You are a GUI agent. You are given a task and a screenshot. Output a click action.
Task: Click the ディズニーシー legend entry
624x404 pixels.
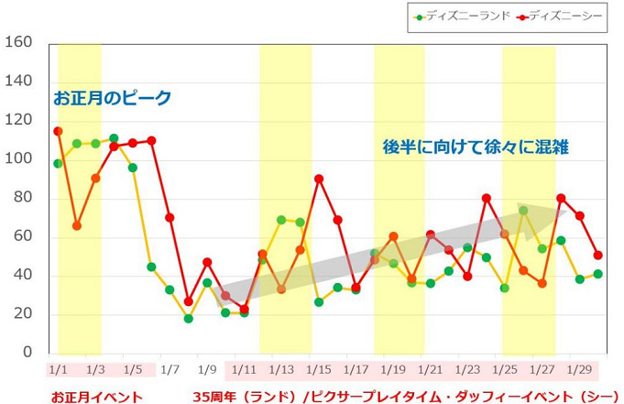(x=561, y=16)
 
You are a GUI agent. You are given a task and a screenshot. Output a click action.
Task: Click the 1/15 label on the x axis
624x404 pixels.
(x=319, y=370)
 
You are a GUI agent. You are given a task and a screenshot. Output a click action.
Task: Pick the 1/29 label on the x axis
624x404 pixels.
(x=580, y=370)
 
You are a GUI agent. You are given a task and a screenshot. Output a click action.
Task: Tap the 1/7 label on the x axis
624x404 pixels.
(x=170, y=370)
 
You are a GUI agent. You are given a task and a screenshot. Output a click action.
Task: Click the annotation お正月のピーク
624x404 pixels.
(x=112, y=98)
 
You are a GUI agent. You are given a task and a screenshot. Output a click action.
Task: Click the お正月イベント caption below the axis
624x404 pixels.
(x=97, y=397)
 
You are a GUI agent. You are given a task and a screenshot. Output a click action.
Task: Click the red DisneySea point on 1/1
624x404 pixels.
(x=58, y=131)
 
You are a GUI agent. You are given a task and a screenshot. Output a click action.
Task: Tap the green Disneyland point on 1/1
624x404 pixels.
(x=58, y=163)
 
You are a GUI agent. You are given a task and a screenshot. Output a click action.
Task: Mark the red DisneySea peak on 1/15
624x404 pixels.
(x=319, y=179)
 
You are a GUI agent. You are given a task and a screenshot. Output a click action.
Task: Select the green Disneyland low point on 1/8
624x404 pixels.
(x=189, y=319)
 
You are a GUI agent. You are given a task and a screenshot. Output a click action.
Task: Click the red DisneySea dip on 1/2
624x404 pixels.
(x=77, y=225)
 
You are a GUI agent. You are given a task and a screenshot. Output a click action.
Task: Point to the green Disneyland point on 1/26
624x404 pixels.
(x=523, y=210)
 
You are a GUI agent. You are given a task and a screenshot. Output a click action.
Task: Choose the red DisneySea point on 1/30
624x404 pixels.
(x=598, y=255)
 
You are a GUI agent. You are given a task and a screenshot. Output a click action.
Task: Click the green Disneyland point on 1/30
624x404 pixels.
(x=598, y=274)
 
